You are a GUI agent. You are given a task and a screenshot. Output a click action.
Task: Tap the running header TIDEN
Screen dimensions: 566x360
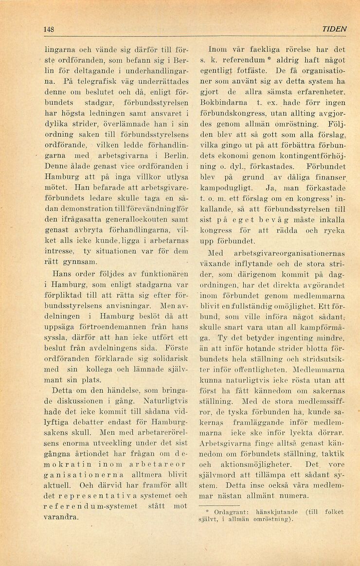[x=334, y=29]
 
